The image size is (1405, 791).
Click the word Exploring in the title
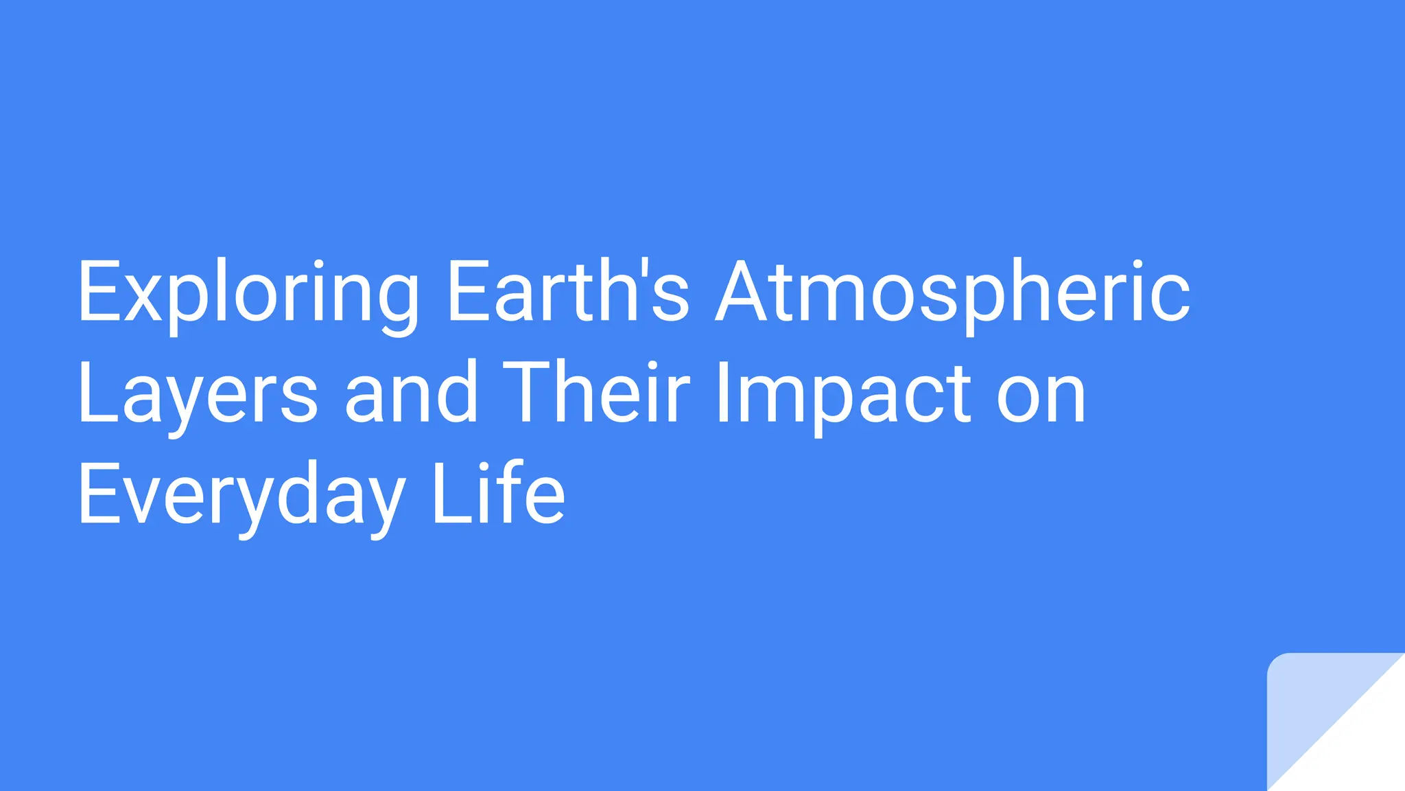pos(248,292)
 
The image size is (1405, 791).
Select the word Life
pos(499,492)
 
